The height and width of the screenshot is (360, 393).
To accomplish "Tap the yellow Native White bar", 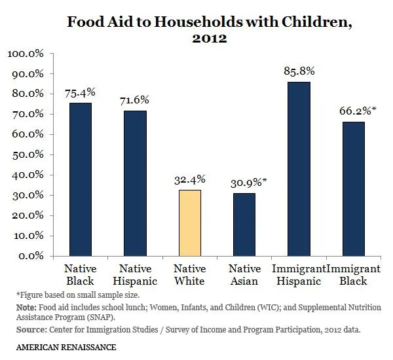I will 189,223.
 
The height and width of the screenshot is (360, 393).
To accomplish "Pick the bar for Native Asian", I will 244,224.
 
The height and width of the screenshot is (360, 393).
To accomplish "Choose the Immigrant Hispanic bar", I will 299,168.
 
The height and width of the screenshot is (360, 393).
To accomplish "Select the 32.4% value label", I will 189,178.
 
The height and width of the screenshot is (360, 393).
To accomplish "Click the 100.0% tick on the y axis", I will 24,53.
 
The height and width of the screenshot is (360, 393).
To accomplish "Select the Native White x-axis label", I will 189,274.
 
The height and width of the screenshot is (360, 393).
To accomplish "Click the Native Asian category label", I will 244,274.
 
